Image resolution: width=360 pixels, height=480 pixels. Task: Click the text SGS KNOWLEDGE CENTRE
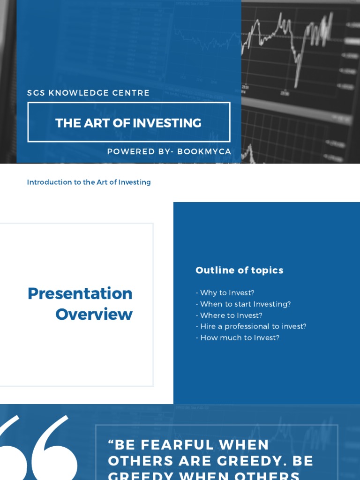[88, 93]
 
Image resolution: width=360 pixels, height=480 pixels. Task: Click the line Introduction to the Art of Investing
[89, 182]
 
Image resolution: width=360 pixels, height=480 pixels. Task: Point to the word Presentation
[80, 293]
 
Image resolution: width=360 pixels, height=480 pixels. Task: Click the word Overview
[94, 314]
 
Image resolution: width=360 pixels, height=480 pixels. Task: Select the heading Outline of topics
[239, 270]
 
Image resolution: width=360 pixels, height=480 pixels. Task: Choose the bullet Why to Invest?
[225, 293]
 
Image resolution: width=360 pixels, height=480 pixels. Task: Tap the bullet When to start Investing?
[243, 304]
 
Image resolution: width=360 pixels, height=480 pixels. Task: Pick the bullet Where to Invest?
[229, 315]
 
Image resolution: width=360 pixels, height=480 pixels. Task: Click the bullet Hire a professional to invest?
[251, 327]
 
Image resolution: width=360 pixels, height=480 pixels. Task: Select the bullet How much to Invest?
[238, 338]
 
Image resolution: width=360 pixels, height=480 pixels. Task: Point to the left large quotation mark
[14, 450]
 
